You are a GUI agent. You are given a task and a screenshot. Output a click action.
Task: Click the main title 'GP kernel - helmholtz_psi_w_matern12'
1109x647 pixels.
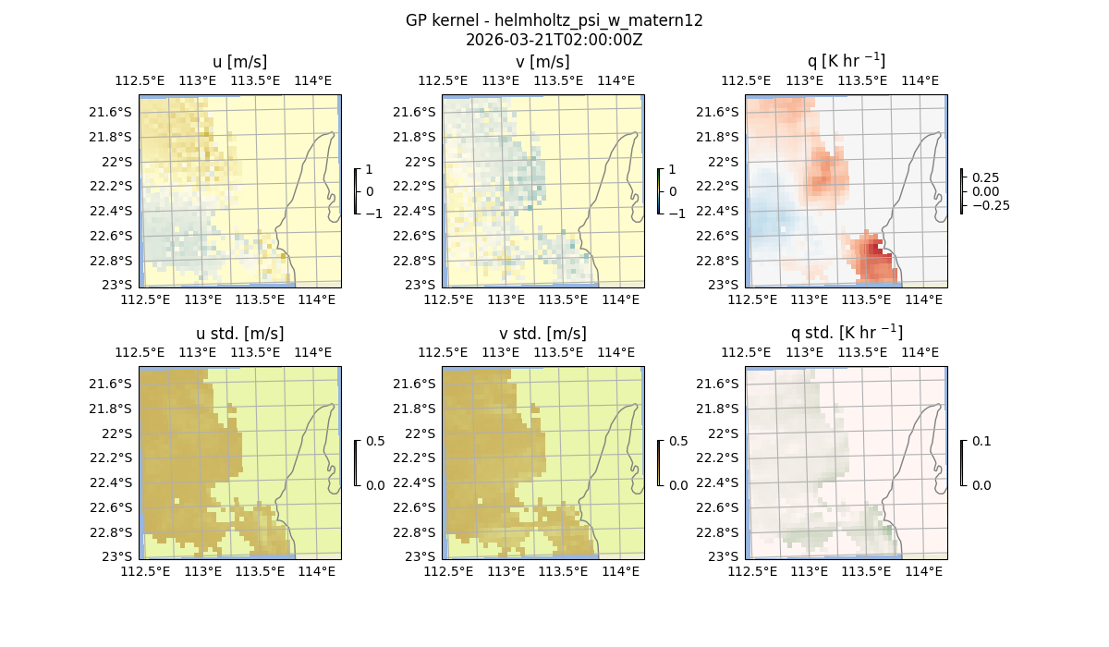(x=554, y=20)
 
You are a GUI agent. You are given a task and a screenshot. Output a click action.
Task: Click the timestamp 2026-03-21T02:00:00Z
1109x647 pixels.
(x=554, y=40)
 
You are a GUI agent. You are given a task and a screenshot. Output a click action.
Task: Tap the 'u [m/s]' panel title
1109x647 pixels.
(x=239, y=62)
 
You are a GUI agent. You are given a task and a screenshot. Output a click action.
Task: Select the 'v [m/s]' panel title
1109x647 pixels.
(x=542, y=62)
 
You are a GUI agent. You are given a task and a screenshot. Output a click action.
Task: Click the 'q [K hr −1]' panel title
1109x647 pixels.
(x=846, y=62)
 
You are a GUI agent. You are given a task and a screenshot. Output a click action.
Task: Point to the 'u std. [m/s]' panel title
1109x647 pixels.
(x=239, y=334)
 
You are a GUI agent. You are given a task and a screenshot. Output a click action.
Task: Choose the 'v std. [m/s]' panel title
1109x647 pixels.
(x=542, y=334)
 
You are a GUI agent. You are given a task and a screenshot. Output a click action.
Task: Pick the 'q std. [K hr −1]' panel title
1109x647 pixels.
(x=846, y=333)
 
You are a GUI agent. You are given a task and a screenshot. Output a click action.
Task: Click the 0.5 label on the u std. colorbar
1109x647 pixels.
(x=375, y=442)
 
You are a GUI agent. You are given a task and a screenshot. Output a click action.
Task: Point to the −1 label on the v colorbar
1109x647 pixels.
(x=678, y=214)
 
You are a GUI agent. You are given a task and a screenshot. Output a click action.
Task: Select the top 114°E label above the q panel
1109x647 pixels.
(x=920, y=80)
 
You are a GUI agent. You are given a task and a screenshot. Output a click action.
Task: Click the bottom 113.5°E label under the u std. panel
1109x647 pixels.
(x=260, y=572)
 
